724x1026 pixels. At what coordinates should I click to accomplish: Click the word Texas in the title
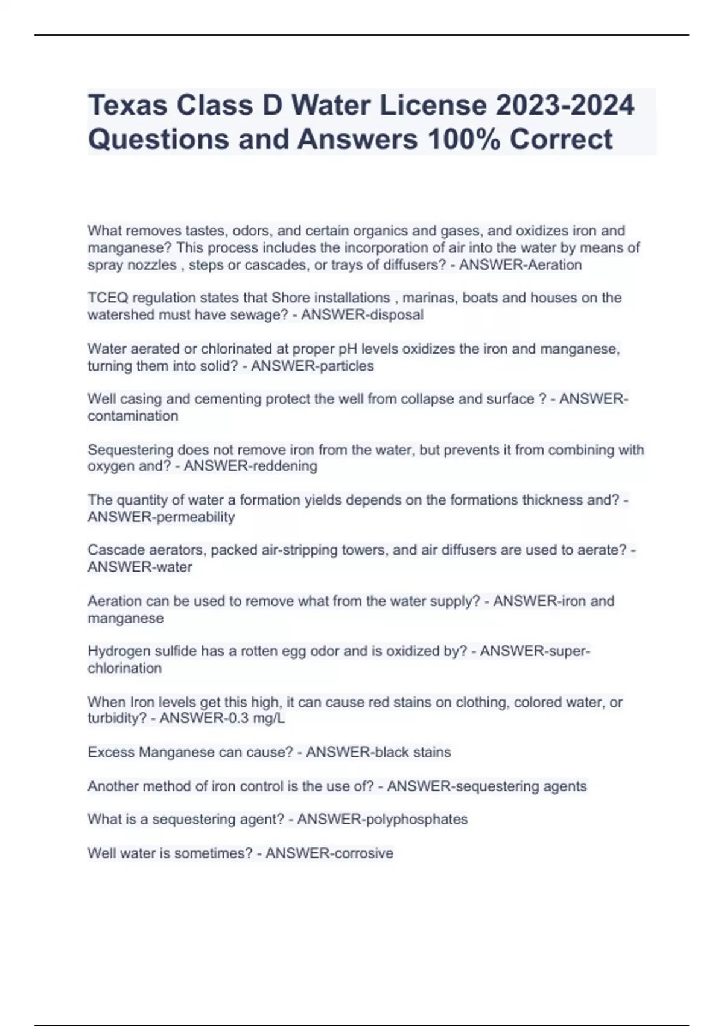click(127, 106)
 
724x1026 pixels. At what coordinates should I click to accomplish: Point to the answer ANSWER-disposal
click(362, 315)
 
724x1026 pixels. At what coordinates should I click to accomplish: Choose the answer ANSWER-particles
click(312, 366)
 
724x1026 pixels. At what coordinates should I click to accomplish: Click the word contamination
click(133, 416)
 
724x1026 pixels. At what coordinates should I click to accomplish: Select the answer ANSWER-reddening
click(250, 466)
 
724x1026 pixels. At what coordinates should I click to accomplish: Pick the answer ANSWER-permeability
click(161, 517)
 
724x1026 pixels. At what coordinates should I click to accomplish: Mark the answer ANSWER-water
click(140, 567)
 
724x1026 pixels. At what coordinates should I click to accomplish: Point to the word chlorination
click(125, 668)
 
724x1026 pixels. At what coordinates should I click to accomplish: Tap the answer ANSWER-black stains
click(378, 752)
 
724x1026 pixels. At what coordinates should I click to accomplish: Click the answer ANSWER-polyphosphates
click(383, 819)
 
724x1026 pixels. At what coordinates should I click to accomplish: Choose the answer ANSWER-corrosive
click(329, 853)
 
